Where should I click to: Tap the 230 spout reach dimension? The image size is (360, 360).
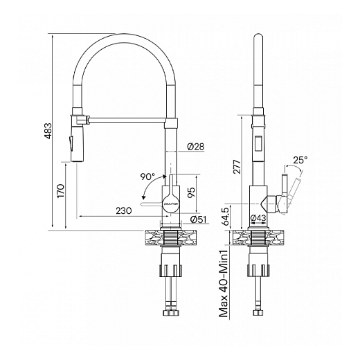click(x=125, y=210)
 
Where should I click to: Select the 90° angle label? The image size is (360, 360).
click(x=147, y=177)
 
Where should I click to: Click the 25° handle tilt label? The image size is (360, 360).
click(x=300, y=161)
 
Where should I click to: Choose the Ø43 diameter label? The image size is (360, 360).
click(x=258, y=219)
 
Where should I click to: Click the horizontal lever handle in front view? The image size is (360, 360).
click(x=152, y=205)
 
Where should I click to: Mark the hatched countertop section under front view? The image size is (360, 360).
click(x=170, y=237)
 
